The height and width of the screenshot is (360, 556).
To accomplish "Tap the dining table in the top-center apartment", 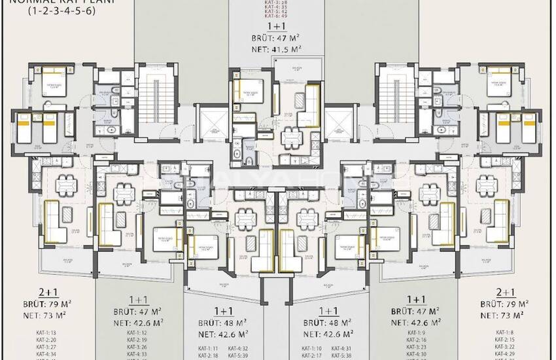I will click(x=290, y=138).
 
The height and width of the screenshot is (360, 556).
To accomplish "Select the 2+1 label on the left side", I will click(x=50, y=293).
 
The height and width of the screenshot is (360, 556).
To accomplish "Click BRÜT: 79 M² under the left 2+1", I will click(x=50, y=304).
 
